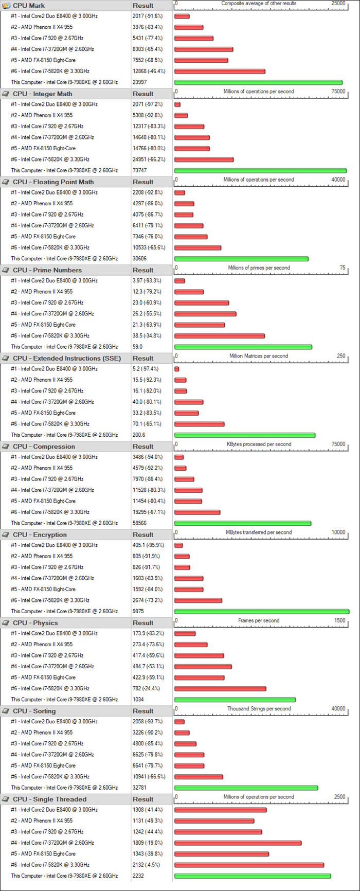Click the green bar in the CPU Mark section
pyautogui.click(x=258, y=82)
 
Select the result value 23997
pyautogui.click(x=139, y=82)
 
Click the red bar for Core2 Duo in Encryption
pyautogui.click(x=178, y=545)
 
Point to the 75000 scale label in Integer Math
pyautogui.click(x=338, y=92)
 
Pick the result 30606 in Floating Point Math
pyautogui.click(x=139, y=259)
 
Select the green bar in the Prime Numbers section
pyautogui.click(x=243, y=347)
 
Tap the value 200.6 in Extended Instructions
pyautogui.click(x=139, y=435)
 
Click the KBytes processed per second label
pyautogui.click(x=259, y=444)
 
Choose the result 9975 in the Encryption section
pyautogui.click(x=138, y=612)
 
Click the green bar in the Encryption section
pyautogui.click(x=262, y=612)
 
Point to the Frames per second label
pyautogui.click(x=259, y=621)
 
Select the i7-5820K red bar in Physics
pyautogui.click(x=220, y=689)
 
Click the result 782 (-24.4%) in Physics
pyautogui.click(x=146, y=689)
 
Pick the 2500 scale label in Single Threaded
pyautogui.click(x=339, y=797)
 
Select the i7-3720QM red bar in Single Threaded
pyautogui.click(x=238, y=843)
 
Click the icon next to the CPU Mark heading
pyautogui.click(x=6, y=6)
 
